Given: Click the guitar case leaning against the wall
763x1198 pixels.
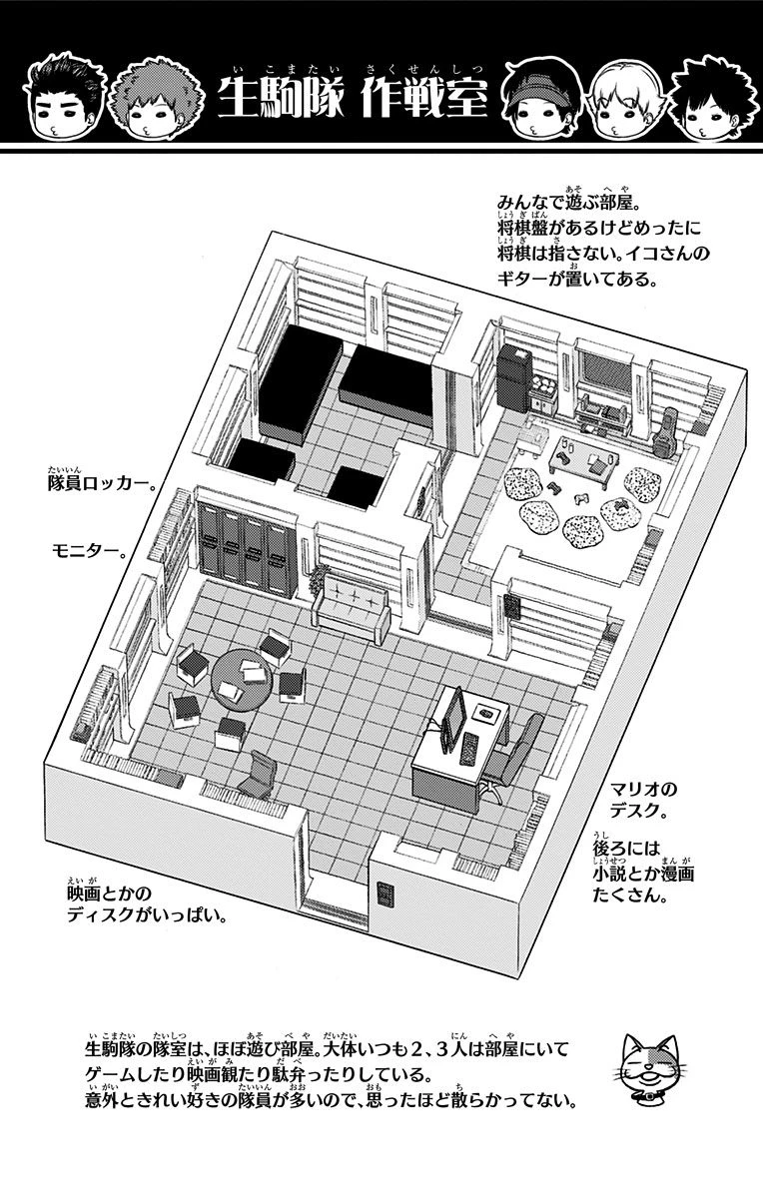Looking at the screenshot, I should [x=661, y=433].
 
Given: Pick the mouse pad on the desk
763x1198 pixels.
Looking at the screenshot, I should [x=488, y=713].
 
